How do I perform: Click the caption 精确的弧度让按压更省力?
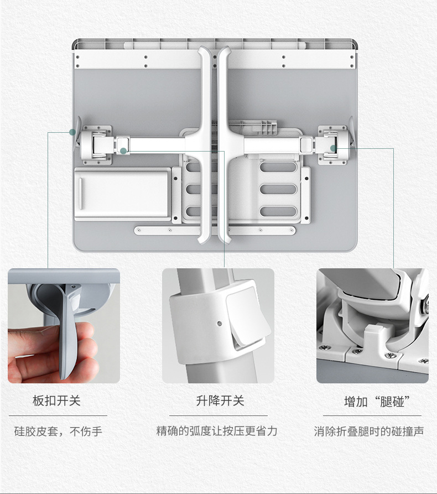click(x=217, y=431)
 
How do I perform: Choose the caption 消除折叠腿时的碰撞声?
click(x=369, y=431)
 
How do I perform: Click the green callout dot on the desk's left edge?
click(x=72, y=132)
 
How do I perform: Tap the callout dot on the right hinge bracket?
click(x=334, y=148)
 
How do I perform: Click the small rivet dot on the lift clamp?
click(x=220, y=323)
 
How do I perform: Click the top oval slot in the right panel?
click(x=278, y=167)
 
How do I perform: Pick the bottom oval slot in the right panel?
click(x=278, y=211)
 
